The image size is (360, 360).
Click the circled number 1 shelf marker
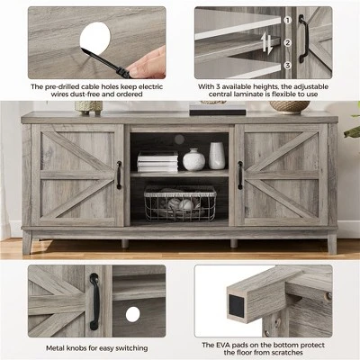tap(287, 21)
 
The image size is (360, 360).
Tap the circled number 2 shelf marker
tap(287, 43)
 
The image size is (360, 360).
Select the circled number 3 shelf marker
tap(287, 65)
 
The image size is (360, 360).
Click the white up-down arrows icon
tap(266, 43)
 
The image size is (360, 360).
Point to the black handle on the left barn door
tap(119, 175)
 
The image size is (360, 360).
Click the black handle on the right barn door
tap(240, 175)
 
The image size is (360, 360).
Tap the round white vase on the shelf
tap(193, 159)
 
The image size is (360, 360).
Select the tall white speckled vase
tap(217, 156)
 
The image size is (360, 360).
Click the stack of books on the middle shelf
tap(157, 162)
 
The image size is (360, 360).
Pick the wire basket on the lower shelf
tap(180, 203)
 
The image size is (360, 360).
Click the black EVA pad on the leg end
tap(237, 303)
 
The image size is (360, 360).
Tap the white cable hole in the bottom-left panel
tap(133, 314)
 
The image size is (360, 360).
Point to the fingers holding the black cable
tap(148, 62)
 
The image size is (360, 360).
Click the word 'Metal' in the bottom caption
tap(56, 348)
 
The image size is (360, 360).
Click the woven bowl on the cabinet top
tap(289, 106)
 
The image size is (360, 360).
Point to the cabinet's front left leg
tap(27, 242)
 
